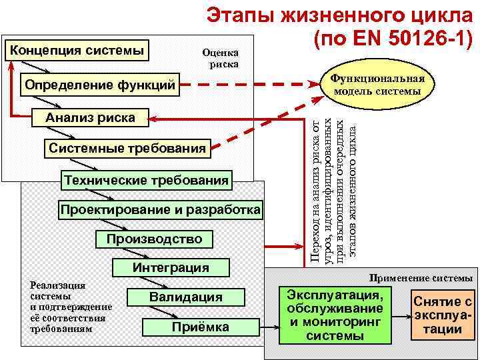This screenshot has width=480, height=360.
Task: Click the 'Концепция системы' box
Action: pos(77,50)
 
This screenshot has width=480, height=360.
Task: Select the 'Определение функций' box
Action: pos(100,85)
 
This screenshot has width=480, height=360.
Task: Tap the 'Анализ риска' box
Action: pos(89,118)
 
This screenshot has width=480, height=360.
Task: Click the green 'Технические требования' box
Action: pos(146,179)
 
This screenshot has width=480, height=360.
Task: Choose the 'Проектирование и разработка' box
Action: pos(160,210)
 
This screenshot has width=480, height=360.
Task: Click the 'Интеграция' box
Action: pos(171,268)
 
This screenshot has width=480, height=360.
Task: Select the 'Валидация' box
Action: pos(185,297)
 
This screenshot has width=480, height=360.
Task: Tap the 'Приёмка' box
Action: pos(200,327)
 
